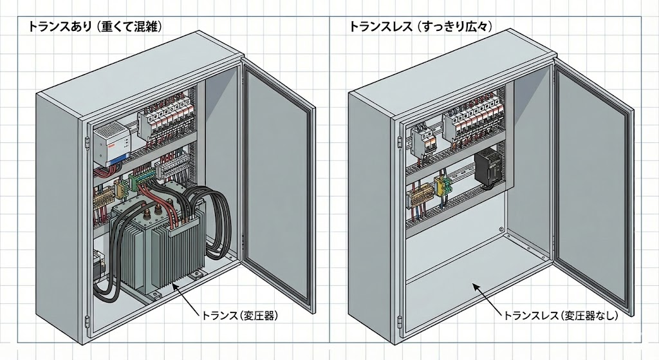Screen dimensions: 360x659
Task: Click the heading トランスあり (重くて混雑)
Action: tap(93, 27)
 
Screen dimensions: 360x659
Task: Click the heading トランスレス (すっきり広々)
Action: tap(421, 27)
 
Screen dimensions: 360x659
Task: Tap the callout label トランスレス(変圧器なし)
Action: tap(560, 316)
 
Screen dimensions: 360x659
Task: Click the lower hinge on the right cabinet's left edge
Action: tap(400, 320)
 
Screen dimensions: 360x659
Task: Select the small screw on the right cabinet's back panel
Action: tap(501, 229)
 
